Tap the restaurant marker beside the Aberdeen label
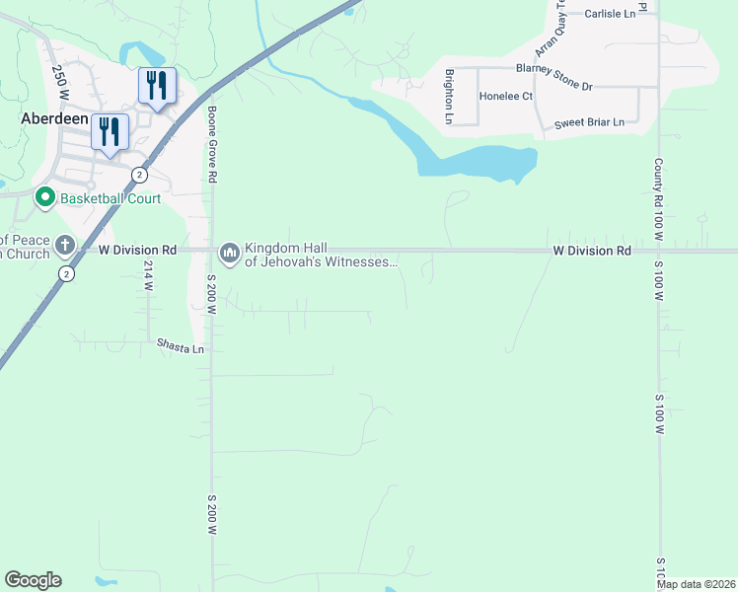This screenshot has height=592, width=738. click(x=110, y=131)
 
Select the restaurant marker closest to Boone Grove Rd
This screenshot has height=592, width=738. click(x=157, y=85)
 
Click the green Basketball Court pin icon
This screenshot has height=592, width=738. click(x=44, y=198)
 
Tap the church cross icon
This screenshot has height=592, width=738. click(x=64, y=244)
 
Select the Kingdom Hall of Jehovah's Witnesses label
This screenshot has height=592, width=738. click(x=321, y=255)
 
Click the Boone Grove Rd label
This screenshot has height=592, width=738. click(x=211, y=144)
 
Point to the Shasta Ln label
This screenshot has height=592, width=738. click(x=181, y=348)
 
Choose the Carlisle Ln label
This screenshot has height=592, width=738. click(x=610, y=14)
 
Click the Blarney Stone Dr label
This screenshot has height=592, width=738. click(x=553, y=77)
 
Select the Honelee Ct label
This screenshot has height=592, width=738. click(x=505, y=97)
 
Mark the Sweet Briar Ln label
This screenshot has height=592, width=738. click(x=589, y=122)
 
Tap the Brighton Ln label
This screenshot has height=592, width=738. click(x=449, y=97)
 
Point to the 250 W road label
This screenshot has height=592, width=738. click(x=60, y=81)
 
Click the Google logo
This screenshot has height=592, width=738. click(x=33, y=580)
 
